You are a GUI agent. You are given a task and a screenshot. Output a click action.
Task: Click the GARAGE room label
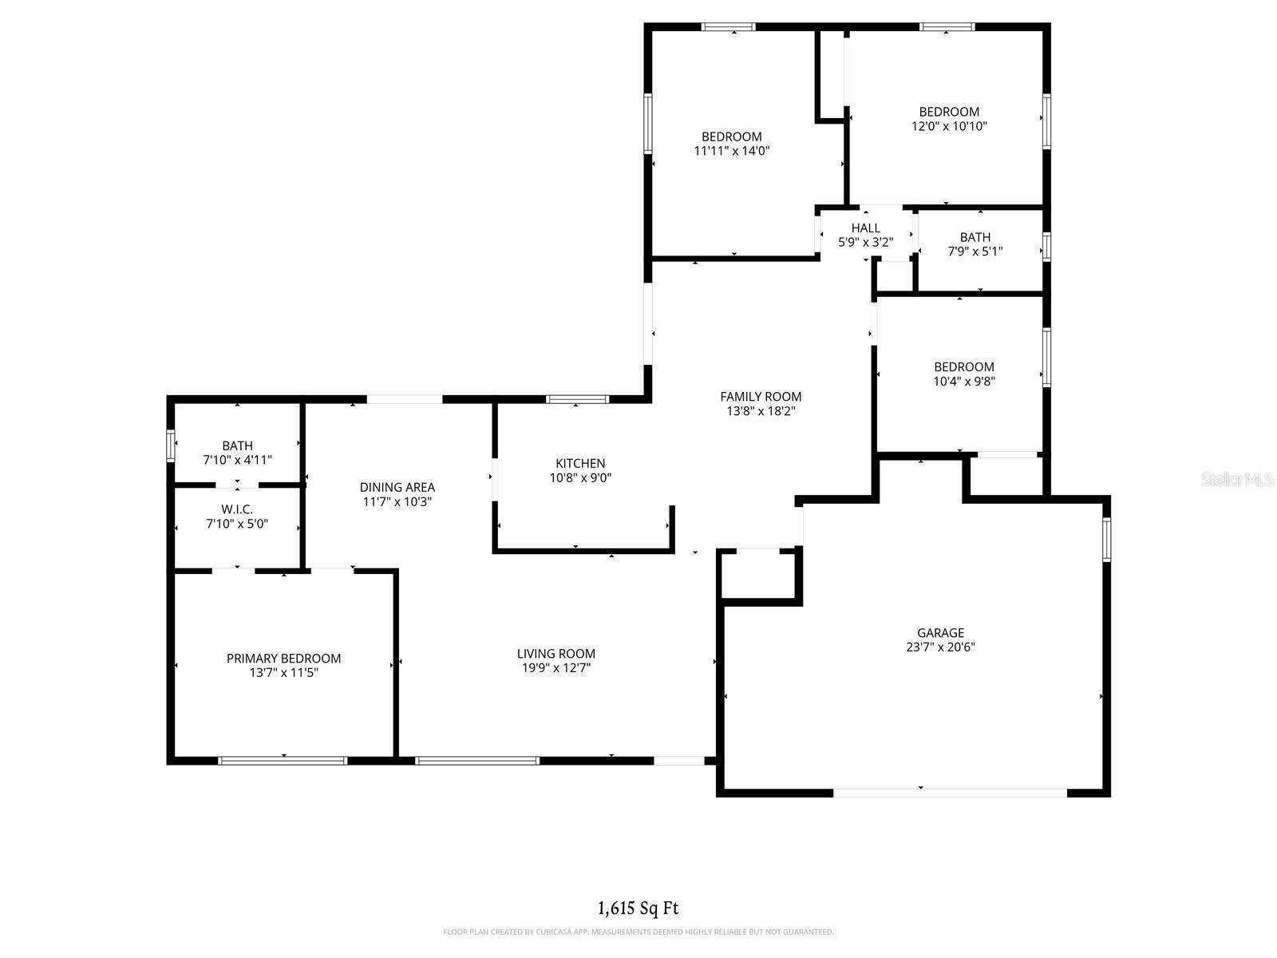pos(940,633)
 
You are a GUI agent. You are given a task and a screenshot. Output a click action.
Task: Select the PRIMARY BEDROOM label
pos(283,659)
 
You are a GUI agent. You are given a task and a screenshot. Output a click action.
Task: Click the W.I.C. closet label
pos(237,509)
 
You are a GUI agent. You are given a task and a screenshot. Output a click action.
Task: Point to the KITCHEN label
pos(580,463)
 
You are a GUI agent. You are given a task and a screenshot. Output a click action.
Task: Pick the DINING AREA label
pos(397,487)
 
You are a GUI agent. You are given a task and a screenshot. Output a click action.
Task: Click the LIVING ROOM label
pos(555,654)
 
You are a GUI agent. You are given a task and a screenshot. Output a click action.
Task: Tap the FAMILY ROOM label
pos(761,397)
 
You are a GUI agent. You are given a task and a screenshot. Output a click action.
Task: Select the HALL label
pos(865,228)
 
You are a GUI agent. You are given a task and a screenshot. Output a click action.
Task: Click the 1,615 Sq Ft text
pos(638,908)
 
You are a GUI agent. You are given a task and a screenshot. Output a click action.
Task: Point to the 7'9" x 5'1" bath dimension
pos(975,251)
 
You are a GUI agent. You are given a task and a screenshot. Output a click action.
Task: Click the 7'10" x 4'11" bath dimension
pos(237,460)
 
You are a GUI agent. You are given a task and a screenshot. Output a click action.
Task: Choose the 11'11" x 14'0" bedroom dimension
pos(731,151)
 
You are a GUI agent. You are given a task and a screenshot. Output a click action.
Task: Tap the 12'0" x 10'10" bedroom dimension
pos(949,126)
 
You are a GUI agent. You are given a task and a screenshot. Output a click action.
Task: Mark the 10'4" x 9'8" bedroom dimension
pos(964,382)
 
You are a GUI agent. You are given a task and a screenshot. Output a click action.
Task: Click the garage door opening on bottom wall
pos(950,793)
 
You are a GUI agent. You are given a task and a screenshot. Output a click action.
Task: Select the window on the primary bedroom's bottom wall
pos(283,761)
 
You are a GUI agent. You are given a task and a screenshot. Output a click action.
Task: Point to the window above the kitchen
pos(578,399)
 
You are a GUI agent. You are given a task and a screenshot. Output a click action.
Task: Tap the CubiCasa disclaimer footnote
pos(638,932)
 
